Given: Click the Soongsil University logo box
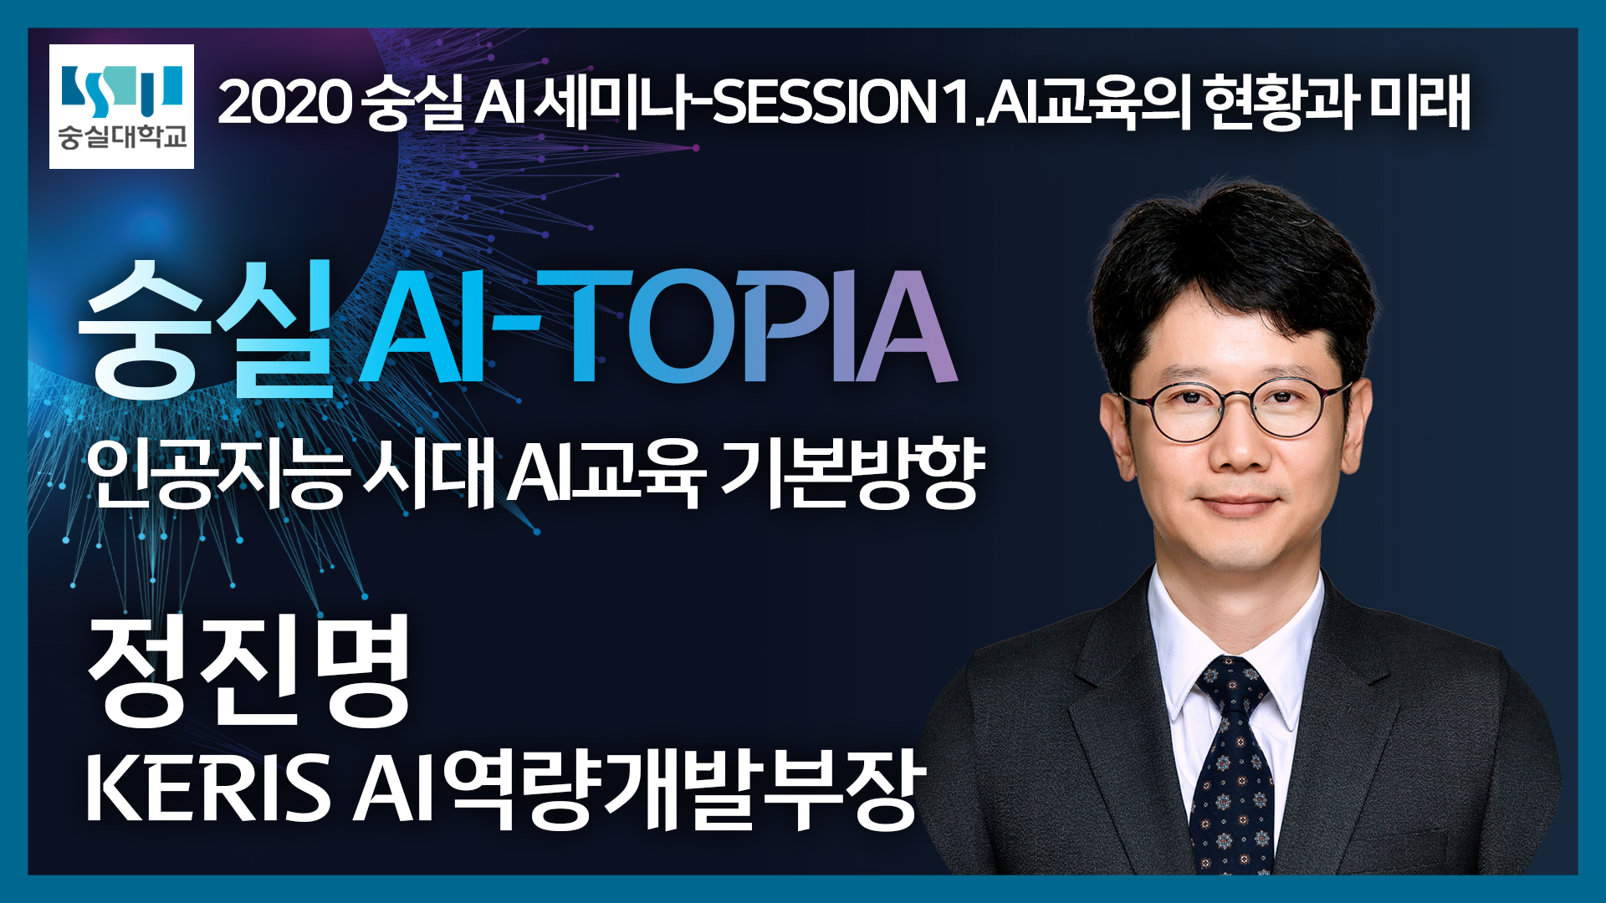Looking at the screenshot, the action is point(121,106).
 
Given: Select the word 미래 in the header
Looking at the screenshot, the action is point(1419,103).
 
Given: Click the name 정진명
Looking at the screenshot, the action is point(249,671).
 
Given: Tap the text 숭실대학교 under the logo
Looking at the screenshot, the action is point(122,137).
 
